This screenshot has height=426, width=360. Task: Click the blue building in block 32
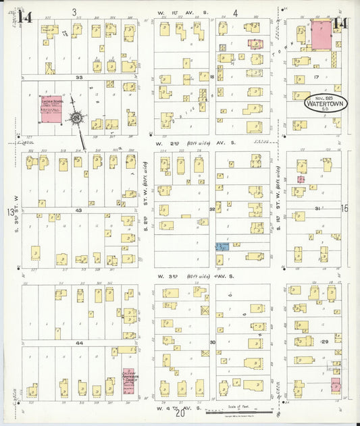pyautogui.click(x=222, y=247)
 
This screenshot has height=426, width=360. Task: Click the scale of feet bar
pyautogui.click(x=238, y=410)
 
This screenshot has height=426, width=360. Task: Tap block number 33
pyautogui.click(x=79, y=78)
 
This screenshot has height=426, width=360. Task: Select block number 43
pyautogui.click(x=79, y=211)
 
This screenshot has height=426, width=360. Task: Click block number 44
pyautogui.click(x=79, y=343)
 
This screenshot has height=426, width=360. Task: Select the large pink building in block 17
pyautogui.click(x=320, y=34)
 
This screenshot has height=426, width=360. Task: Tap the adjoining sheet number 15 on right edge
pyautogui.click(x=344, y=209)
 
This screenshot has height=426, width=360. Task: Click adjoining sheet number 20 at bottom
pyautogui.click(x=180, y=415)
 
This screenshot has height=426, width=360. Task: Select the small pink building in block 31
pyautogui.click(x=301, y=180)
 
